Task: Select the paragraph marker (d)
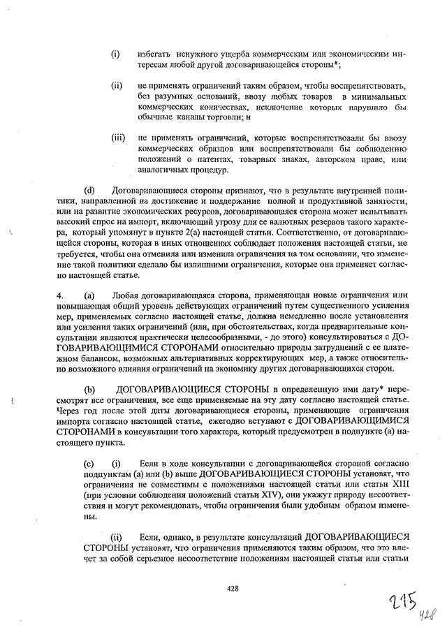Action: pos(89,191)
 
